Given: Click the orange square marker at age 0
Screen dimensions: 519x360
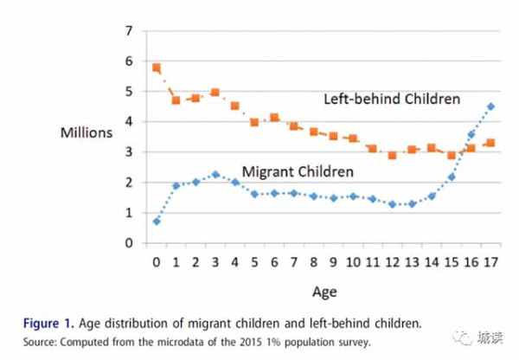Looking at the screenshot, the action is click(157, 67).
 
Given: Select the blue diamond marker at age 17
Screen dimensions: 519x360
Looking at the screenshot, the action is click(490, 106).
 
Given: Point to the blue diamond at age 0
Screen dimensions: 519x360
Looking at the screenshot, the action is click(157, 222).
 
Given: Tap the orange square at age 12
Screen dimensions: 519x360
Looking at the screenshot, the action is click(392, 155).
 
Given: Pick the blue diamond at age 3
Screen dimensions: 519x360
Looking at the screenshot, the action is click(215, 175).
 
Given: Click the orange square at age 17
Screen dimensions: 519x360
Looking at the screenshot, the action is click(490, 143).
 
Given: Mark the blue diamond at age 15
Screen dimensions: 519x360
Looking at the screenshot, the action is click(452, 177).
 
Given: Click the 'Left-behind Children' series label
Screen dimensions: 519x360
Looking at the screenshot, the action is click(392, 99).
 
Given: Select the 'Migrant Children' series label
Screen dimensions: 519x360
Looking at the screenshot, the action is click(298, 171).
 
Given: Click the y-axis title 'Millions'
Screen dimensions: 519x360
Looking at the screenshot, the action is click(86, 132).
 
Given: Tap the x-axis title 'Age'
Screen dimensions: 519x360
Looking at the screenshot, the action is click(324, 292).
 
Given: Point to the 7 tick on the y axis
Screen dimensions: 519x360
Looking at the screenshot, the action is click(129, 31).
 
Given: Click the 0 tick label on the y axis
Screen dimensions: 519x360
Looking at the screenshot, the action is click(129, 243).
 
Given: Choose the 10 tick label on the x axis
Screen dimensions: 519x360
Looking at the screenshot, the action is click(353, 262).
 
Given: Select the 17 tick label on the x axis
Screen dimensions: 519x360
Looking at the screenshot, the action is click(490, 262).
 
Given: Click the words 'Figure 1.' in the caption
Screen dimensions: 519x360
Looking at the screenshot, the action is click(48, 324).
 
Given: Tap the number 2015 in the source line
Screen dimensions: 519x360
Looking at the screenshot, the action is click(252, 342).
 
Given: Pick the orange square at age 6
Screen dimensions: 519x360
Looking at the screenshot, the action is click(274, 118).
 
